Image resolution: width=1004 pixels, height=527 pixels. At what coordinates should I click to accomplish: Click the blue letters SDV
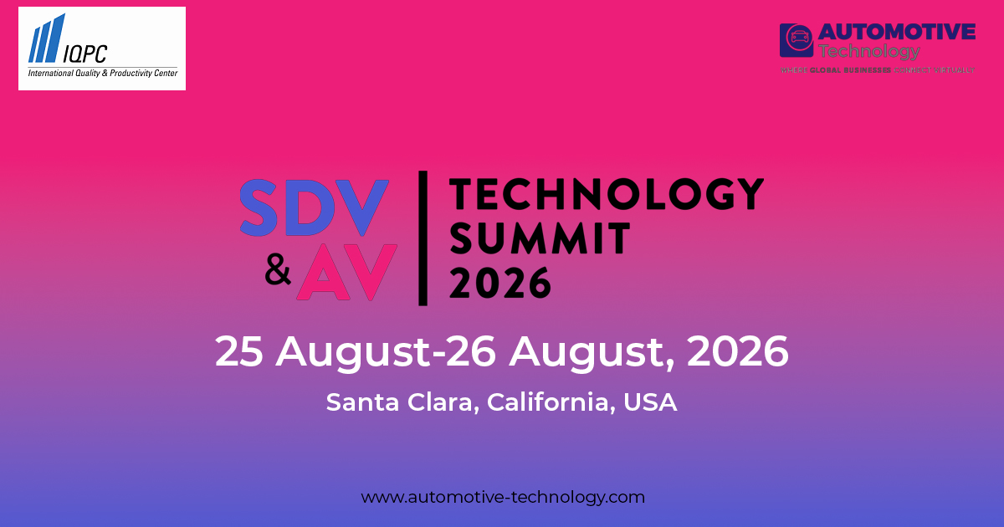pos(314,207)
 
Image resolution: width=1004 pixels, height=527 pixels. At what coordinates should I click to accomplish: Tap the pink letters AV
pos(346,273)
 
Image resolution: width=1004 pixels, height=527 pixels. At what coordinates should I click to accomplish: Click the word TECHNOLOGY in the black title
pos(607,194)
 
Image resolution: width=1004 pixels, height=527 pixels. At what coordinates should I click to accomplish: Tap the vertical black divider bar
pos(423,238)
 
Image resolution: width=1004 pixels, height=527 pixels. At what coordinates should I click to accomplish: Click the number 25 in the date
pos(240,352)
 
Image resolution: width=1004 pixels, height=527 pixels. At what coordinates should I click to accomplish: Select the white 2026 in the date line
pos(737,352)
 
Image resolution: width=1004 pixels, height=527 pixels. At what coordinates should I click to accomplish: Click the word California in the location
pos(551,402)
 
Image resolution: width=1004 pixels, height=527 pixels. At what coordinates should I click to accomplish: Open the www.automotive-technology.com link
pos(503,497)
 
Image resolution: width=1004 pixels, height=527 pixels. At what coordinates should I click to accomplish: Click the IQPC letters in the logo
pos(88,54)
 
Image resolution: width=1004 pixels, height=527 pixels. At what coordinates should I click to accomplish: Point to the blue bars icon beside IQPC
pos(46,39)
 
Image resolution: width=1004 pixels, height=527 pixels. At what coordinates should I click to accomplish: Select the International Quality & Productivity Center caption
pos(102,74)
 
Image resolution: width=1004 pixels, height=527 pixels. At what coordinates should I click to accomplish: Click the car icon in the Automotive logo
pos(796,39)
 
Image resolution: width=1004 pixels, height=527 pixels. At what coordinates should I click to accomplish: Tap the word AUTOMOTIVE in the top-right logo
pos(896,32)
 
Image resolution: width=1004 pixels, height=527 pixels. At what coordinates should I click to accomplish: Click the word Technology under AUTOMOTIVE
pos(869,51)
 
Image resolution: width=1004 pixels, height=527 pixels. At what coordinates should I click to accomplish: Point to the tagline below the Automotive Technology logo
pos(877,70)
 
